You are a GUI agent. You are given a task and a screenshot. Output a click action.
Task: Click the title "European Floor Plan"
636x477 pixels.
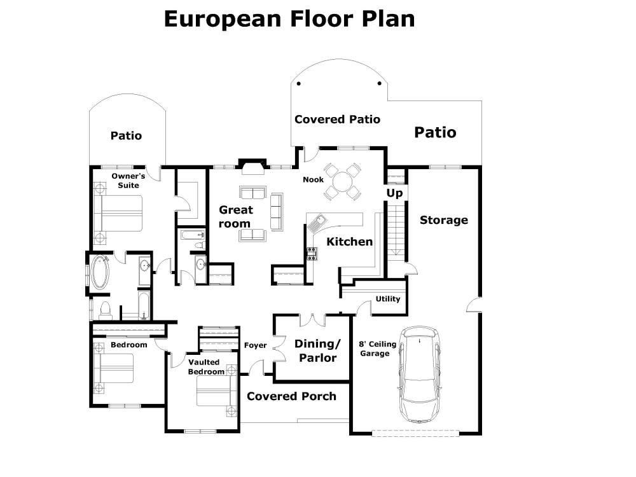click(x=289, y=18)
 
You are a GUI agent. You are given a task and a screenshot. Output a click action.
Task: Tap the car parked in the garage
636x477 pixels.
click(x=419, y=375)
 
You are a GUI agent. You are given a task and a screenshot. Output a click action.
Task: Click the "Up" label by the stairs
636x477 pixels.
click(x=394, y=193)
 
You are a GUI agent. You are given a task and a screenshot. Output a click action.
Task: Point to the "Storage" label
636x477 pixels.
click(x=444, y=220)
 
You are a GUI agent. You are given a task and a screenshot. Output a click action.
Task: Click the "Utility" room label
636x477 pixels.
click(x=387, y=298)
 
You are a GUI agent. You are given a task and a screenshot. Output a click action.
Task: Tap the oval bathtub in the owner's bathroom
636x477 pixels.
click(x=100, y=272)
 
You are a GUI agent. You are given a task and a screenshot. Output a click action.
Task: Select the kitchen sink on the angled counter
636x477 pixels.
click(x=317, y=222)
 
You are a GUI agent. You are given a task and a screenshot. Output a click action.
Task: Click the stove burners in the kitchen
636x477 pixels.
click(x=312, y=253)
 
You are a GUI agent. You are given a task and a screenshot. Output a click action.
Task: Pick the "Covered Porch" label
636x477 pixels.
click(x=291, y=396)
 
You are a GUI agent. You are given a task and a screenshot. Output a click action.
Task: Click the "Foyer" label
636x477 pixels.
click(x=255, y=345)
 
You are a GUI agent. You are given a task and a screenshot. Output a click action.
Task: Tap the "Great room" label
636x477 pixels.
click(x=235, y=216)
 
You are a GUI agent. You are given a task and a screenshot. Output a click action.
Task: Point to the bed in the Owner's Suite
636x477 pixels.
click(x=119, y=213)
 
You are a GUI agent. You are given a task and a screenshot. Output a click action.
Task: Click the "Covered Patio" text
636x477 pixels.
click(x=337, y=120)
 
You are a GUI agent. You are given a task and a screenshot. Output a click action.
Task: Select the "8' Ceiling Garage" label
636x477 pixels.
click(x=378, y=349)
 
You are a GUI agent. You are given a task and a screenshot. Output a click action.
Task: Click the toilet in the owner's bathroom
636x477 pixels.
click(x=105, y=310)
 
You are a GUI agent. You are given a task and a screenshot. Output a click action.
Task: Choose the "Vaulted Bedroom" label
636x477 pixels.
click(x=205, y=367)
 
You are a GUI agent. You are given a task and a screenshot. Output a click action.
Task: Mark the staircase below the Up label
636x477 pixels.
click(x=396, y=229)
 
